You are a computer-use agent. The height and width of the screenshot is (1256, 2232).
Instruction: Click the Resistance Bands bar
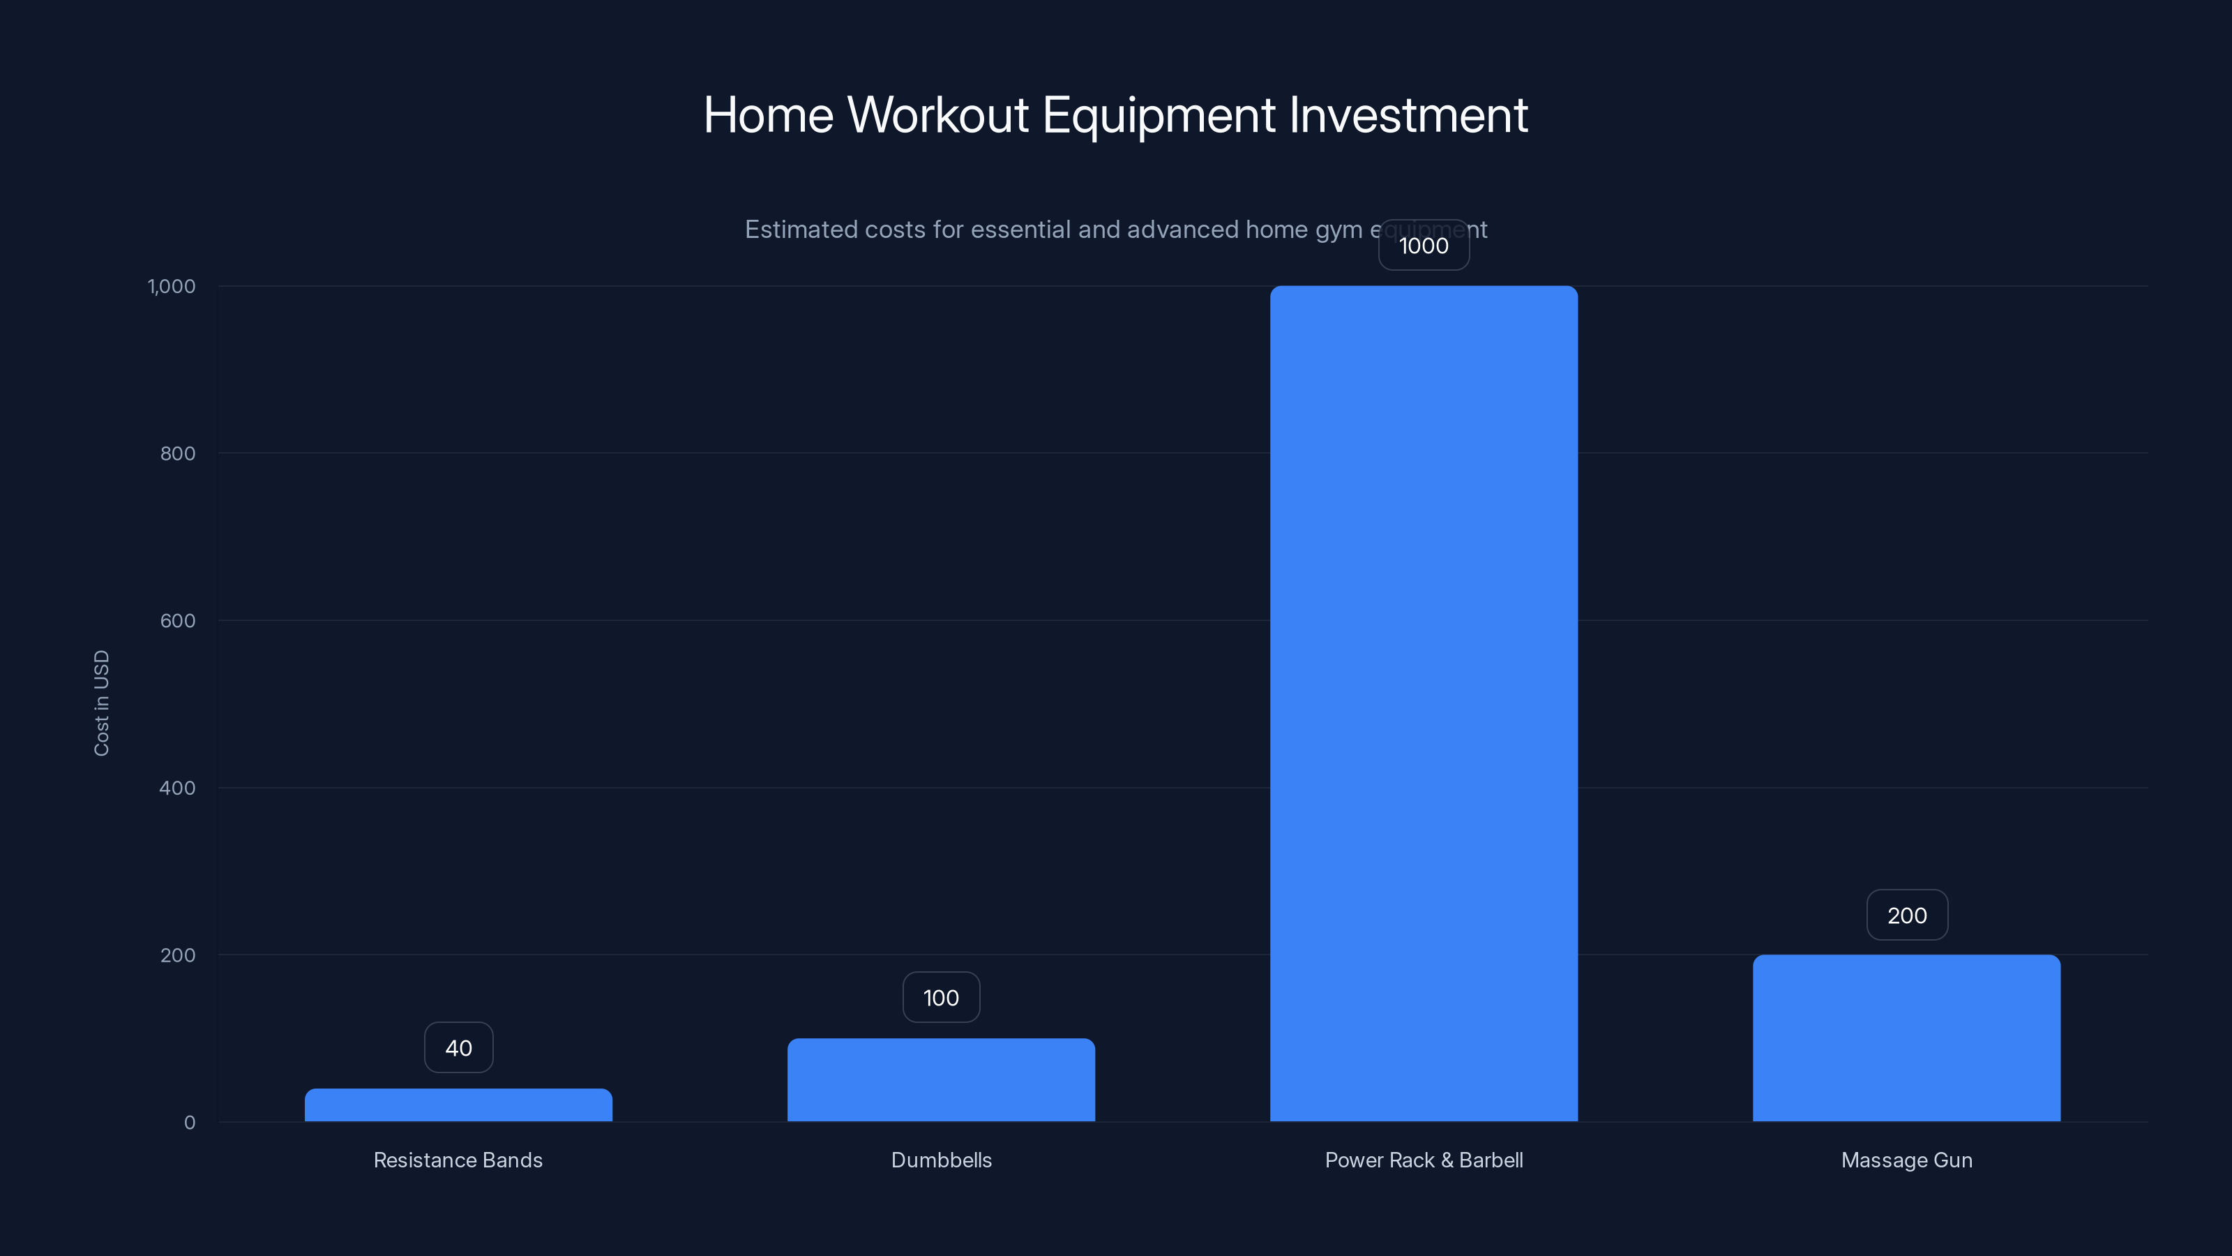(x=458, y=1105)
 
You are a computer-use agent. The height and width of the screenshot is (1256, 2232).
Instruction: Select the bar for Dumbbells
(x=941, y=1080)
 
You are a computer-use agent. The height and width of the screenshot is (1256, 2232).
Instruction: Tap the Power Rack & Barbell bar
(x=1424, y=704)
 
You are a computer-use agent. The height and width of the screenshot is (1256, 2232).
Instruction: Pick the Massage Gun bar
(x=1906, y=1038)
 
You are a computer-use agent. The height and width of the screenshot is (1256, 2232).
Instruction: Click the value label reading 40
(x=458, y=1048)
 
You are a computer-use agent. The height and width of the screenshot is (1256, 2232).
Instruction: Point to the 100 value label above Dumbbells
(x=941, y=998)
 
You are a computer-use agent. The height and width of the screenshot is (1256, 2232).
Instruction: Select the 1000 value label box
(x=1424, y=246)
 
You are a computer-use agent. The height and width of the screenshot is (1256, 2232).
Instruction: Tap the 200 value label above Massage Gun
(x=1906, y=915)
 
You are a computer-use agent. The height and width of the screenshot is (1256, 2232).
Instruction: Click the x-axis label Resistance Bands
(x=458, y=1160)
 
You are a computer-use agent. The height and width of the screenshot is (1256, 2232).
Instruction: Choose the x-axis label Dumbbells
(x=941, y=1160)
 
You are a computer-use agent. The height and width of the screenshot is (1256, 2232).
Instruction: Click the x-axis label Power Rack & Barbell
(x=1424, y=1160)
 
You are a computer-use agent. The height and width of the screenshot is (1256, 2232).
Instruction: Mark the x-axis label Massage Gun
(x=1906, y=1160)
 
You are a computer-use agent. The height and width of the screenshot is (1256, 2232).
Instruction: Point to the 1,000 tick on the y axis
(x=172, y=286)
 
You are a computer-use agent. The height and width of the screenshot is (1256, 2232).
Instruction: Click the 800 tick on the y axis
(x=178, y=454)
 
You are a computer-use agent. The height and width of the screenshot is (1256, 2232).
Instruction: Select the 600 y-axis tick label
(x=178, y=620)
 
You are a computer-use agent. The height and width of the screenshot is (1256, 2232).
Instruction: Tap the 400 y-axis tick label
(x=178, y=788)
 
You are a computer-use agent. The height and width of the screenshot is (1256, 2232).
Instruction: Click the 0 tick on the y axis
(x=190, y=1123)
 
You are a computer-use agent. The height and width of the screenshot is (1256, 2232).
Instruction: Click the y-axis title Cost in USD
(x=101, y=703)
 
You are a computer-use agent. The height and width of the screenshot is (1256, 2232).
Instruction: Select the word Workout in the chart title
(x=937, y=115)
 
